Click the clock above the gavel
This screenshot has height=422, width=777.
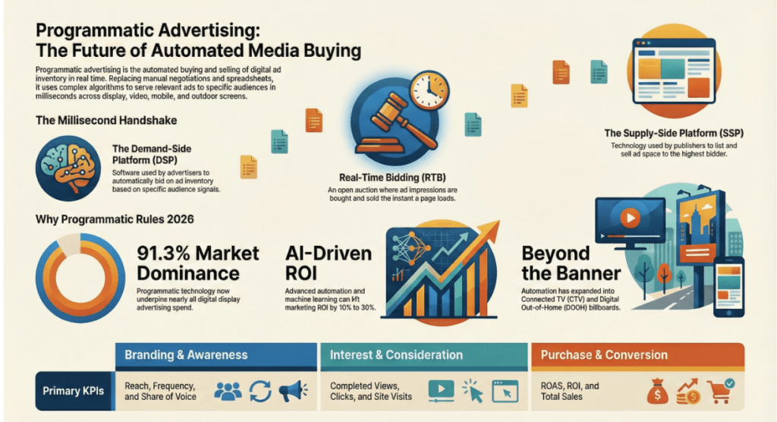point(430,90)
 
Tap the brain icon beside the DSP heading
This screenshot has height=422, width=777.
point(68,168)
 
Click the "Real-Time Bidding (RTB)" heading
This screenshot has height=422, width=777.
point(392,178)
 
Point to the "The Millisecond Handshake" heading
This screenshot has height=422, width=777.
point(106,121)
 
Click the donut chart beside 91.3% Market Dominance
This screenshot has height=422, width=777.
point(80,278)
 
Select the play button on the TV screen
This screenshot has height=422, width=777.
point(630,218)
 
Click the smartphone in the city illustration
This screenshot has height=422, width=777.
point(729,287)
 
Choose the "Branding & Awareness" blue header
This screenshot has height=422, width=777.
point(216,355)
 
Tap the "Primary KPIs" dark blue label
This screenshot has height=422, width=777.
point(74,391)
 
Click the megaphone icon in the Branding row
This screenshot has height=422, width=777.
point(293,391)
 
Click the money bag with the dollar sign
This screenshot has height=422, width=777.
point(658,391)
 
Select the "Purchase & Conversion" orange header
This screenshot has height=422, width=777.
point(637,355)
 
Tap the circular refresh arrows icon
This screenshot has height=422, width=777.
point(260,391)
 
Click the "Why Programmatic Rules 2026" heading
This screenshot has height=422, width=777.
point(115,219)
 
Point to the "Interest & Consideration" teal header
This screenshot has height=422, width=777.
point(424,355)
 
